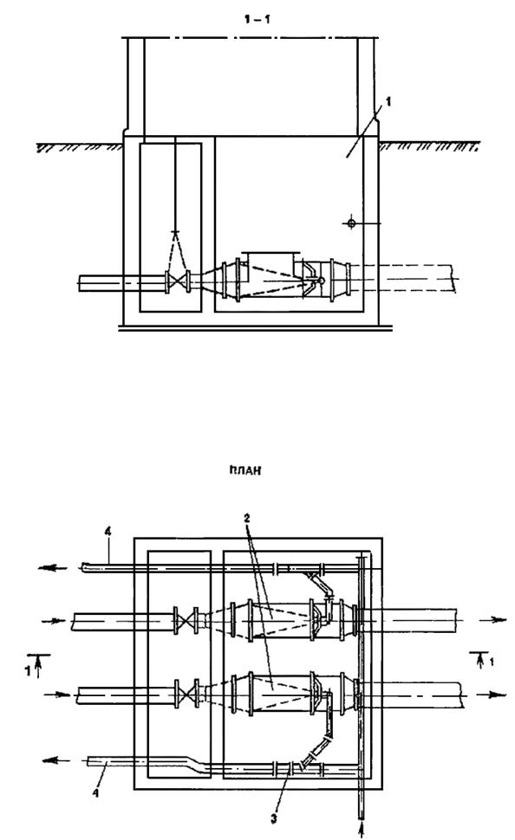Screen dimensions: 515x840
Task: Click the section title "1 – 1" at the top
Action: click(x=257, y=20)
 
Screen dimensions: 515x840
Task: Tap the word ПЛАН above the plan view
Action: click(x=244, y=471)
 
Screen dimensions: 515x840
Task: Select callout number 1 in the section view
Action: click(x=388, y=100)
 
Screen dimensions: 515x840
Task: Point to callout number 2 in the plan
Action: click(x=246, y=519)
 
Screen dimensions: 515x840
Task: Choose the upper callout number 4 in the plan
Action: click(x=108, y=532)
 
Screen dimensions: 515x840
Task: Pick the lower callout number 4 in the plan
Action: click(x=95, y=793)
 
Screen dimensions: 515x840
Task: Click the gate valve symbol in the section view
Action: click(x=178, y=281)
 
